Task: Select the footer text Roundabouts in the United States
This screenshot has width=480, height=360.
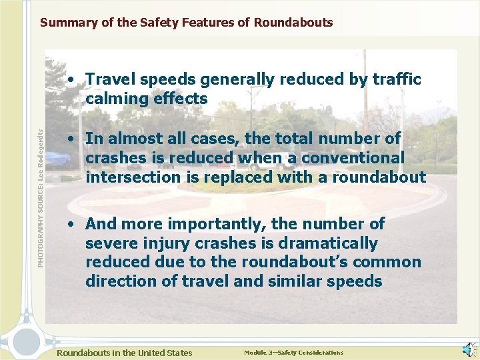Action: pyautogui.click(x=125, y=353)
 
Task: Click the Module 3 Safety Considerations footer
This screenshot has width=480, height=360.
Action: pyautogui.click(x=293, y=353)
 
